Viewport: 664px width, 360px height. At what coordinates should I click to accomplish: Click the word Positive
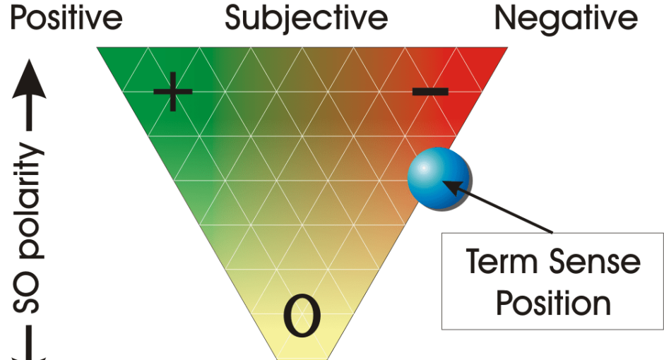pos(66,18)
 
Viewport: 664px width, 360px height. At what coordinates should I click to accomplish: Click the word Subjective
pos(306,20)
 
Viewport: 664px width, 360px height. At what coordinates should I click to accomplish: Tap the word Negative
pos(567,20)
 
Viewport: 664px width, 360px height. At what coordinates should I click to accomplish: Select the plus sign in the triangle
pos(173,91)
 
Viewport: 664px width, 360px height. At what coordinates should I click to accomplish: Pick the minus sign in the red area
pos(430,91)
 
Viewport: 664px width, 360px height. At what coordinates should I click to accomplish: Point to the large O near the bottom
pos(302,316)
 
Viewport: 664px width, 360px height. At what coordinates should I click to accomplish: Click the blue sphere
pos(439,178)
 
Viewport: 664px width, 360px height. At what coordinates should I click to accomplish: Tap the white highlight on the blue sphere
pos(423,168)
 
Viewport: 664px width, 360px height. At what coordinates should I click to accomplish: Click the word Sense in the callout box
pos(595,261)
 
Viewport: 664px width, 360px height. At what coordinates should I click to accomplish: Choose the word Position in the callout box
pos(554,303)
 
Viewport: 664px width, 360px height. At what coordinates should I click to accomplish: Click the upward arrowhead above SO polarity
pos(29,79)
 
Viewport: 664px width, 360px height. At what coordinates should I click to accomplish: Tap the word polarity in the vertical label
pos(30,201)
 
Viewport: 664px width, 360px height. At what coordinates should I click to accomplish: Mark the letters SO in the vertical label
pos(26,293)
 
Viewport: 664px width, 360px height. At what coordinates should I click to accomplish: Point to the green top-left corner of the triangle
pos(97,48)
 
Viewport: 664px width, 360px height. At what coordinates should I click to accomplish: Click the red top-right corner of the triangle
pos(507,48)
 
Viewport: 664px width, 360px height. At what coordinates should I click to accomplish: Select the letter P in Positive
pos(20,18)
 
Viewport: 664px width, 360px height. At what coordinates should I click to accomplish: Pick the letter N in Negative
pos(506,18)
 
